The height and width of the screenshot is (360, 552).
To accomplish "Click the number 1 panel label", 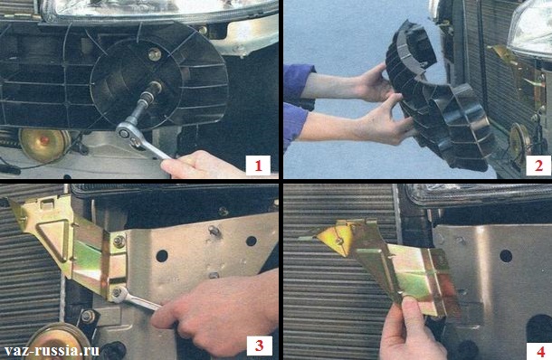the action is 258,166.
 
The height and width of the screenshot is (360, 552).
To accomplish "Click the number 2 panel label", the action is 538,166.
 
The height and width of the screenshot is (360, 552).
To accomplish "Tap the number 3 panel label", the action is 259,346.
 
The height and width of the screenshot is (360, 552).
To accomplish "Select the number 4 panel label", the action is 540,351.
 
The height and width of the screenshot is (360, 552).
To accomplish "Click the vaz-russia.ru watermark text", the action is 52,350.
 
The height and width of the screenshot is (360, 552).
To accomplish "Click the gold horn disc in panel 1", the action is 44,145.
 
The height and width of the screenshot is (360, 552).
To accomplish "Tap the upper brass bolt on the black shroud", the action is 155,54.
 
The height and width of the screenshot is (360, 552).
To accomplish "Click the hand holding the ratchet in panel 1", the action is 201,165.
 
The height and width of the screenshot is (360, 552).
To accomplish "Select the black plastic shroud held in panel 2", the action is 438,102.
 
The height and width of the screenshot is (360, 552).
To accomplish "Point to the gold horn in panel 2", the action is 516,139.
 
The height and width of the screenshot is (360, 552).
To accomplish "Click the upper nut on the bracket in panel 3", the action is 119,242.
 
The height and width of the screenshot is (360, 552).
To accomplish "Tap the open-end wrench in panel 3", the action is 136,299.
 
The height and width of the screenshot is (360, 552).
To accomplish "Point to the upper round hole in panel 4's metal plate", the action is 506,256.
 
